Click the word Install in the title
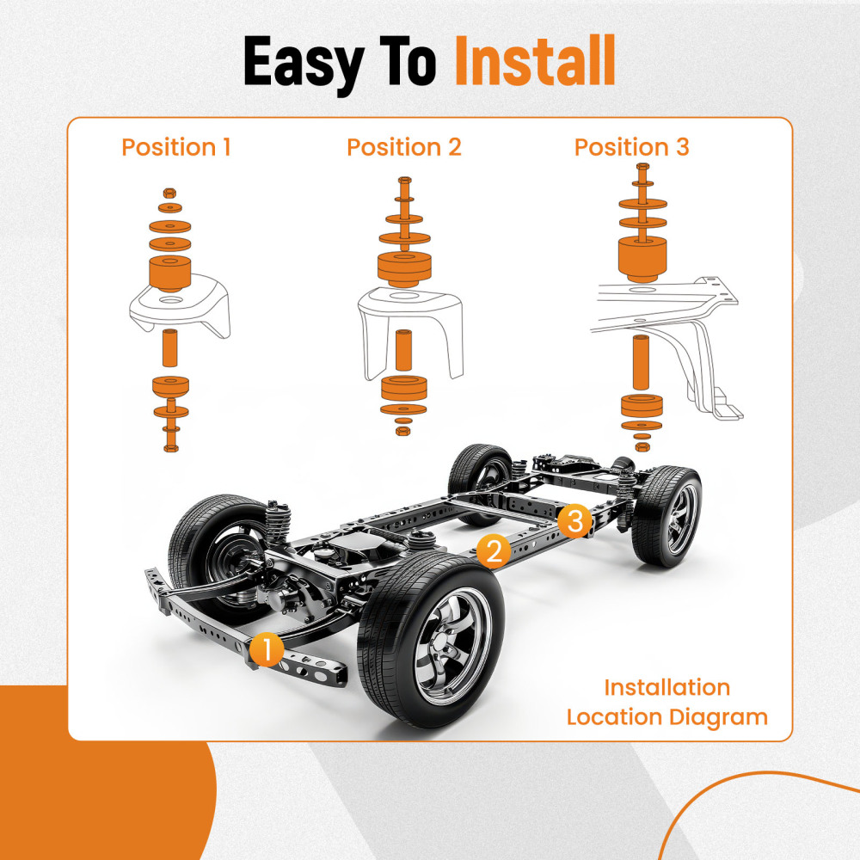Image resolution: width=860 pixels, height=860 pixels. coord(534,62)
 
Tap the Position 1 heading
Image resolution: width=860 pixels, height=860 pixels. coord(176,147)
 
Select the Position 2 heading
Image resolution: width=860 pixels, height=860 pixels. coord(404,147)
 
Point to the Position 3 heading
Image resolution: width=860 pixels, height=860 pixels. coord(632,147)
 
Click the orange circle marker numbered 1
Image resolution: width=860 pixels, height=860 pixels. coord(268,650)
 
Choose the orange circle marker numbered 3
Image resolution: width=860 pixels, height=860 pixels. coord(574,521)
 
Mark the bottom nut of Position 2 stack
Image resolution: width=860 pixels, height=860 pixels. coord(402,427)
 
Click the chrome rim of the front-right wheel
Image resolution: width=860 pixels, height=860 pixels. coord(452,641)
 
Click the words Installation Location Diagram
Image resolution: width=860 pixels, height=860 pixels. coord(666,702)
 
